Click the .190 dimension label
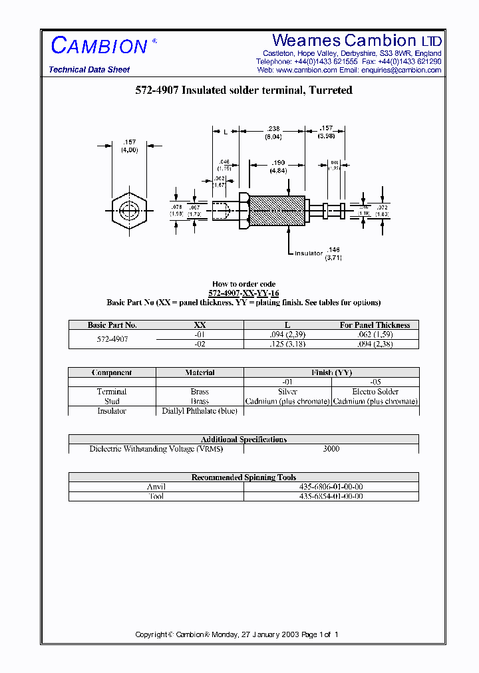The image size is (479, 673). [x=277, y=163]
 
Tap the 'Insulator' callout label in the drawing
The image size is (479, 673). [x=308, y=253]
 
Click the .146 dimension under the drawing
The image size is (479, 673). [x=333, y=249]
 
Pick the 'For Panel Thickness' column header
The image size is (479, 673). [x=375, y=325]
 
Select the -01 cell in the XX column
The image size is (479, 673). [x=200, y=335]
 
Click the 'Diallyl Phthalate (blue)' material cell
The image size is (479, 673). [x=200, y=411]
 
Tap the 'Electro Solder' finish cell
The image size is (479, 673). [x=375, y=392]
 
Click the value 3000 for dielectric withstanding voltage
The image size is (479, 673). [x=331, y=449]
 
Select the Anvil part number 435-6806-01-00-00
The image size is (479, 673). [x=331, y=487]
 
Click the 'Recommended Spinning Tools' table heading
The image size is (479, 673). [x=243, y=477]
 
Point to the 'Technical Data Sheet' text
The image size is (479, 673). [x=89, y=70]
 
